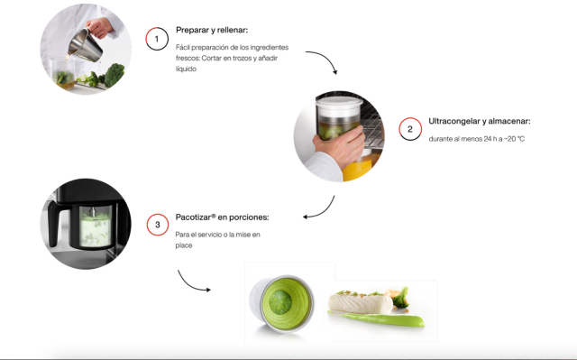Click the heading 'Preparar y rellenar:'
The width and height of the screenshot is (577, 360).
212,30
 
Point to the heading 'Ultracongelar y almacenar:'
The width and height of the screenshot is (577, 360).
480,121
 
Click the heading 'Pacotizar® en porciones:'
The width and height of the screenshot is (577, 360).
223,217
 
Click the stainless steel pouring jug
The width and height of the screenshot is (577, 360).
86,45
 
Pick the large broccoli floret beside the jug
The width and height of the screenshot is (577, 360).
114,74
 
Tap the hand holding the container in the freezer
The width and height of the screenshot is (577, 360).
339,146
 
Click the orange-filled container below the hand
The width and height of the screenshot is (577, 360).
358,168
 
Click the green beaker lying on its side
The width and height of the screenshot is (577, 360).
281,303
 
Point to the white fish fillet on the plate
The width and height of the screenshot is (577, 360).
360,304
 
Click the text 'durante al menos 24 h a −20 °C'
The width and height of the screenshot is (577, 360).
477,139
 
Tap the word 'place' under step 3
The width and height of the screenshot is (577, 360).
184,245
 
